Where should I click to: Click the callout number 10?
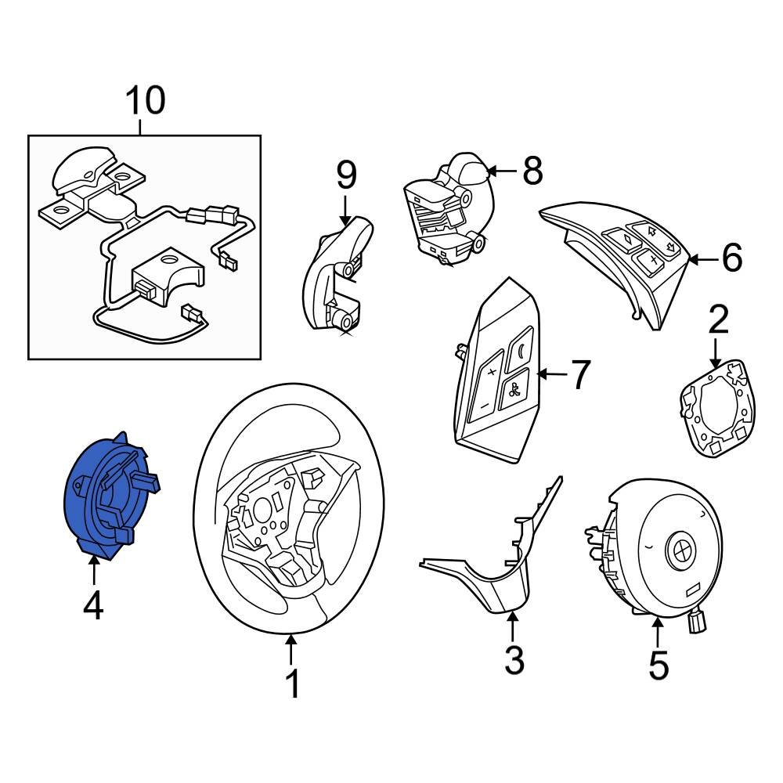146,101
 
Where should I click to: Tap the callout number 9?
346,176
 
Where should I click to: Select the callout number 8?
532,171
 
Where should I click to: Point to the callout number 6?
731,258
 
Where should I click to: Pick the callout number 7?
579,375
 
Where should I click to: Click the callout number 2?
718,322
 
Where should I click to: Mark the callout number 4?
93,606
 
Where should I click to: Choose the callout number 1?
291,684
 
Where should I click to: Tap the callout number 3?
513,660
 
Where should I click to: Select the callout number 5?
658,665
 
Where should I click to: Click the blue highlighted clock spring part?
106,497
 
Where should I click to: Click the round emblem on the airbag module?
678,551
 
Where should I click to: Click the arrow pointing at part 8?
501,170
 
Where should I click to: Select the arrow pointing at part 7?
548,374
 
